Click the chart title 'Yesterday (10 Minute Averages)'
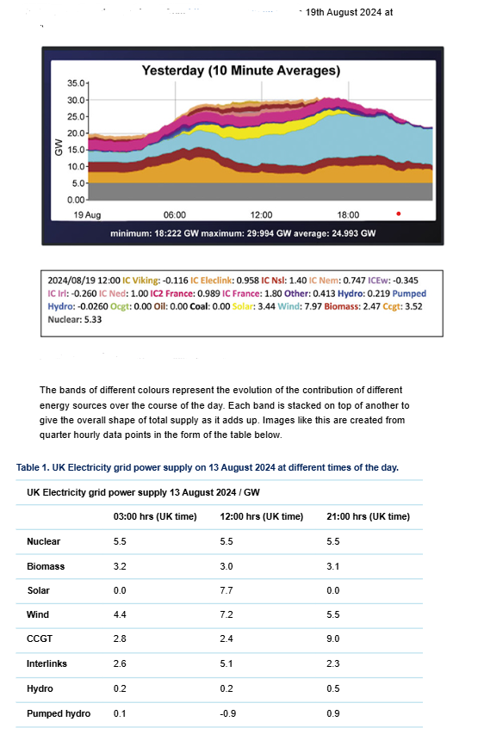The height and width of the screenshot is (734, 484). [241, 70]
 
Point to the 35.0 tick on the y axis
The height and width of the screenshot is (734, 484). [77, 83]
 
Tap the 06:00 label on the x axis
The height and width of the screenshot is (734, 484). [175, 214]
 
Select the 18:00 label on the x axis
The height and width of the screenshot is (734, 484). [349, 214]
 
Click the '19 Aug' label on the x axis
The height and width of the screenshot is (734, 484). [87, 214]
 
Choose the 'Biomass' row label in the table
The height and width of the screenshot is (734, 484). [46, 566]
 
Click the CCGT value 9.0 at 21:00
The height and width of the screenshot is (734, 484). [334, 639]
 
